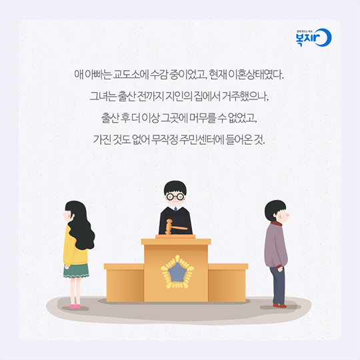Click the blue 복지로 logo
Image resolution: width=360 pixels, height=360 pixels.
coord(313,37)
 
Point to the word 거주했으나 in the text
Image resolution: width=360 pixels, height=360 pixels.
coord(245,96)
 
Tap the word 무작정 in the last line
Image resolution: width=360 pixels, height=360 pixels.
coord(165,139)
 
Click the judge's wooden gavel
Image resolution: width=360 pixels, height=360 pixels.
coord(175,227)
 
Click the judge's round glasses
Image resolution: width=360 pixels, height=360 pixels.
coord(175,197)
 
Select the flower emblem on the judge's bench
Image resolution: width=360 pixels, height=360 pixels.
coord(177,272)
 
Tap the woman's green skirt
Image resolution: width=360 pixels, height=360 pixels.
coord(76,271)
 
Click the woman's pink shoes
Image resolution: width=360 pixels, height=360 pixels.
coord(75,306)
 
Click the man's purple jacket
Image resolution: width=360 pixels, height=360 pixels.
coord(275,245)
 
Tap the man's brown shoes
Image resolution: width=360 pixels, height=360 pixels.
coord(279,305)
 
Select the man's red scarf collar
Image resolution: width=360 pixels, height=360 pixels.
coord(276,224)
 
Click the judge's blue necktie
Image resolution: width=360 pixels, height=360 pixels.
coord(175,209)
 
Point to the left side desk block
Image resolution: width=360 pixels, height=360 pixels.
coord(124,283)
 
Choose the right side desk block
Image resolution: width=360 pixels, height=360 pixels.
coord(228,283)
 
